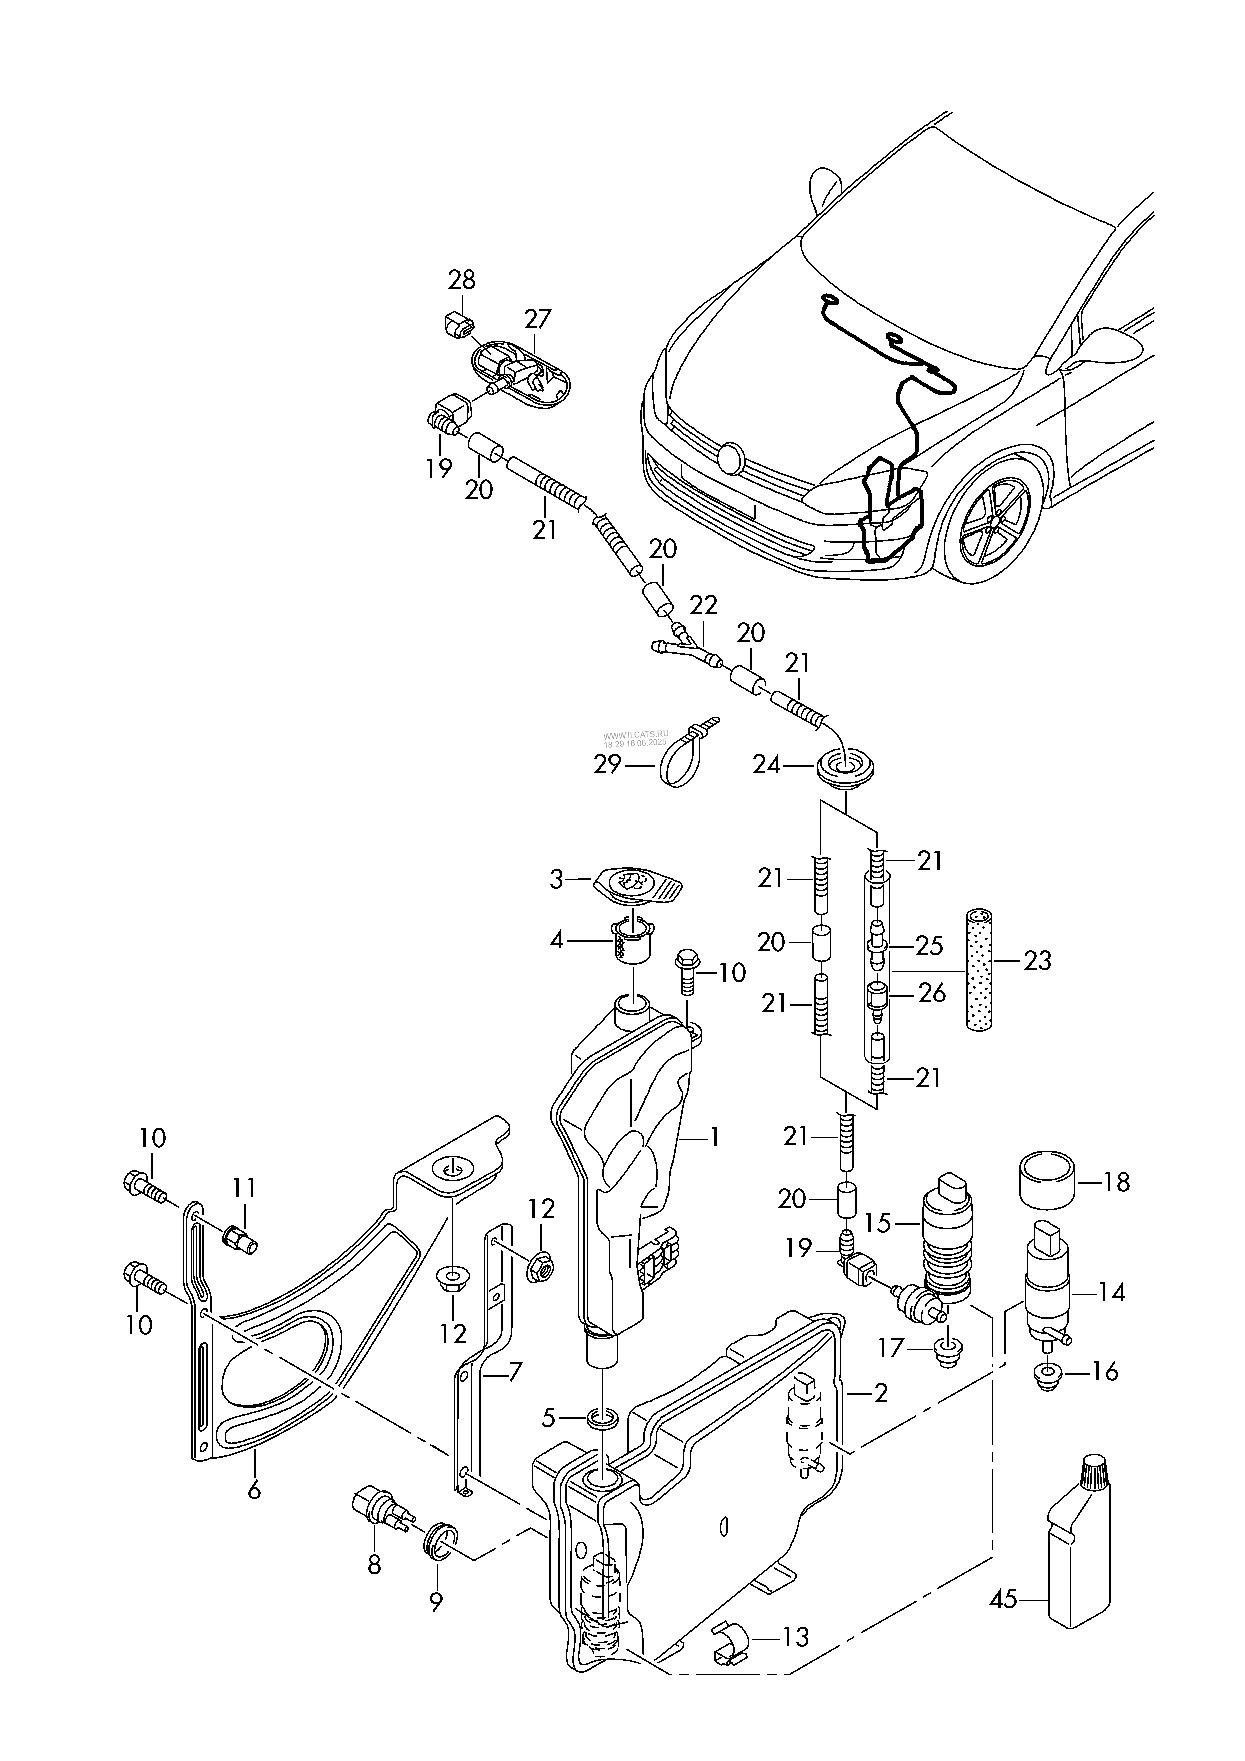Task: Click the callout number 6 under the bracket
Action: pyautogui.click(x=254, y=1490)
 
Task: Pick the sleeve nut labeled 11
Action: pyautogui.click(x=239, y=1237)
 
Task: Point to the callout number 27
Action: pyautogui.click(x=538, y=318)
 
